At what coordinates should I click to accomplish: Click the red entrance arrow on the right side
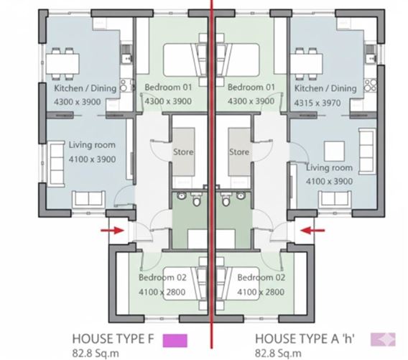[x=314, y=231]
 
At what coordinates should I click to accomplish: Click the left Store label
[x=182, y=152]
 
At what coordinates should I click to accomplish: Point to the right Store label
[x=239, y=152]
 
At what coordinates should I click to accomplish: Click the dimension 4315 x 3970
[x=325, y=101]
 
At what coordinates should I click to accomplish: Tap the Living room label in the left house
[x=92, y=145]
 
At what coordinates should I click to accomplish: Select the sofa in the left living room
[x=82, y=199]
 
